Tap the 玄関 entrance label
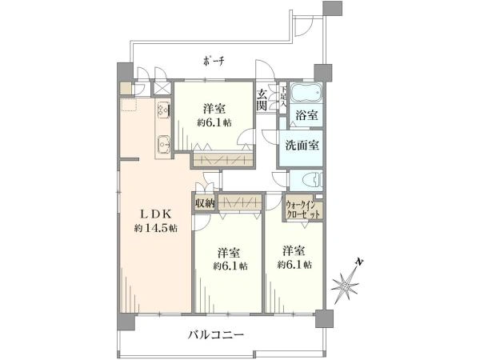click(x=262, y=99)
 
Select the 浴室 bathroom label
click(x=306, y=115)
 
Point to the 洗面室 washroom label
click(x=302, y=145)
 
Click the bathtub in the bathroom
click(x=306, y=92)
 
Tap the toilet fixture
click(x=313, y=181)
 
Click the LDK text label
click(x=155, y=214)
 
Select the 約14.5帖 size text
click(x=155, y=228)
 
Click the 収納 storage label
click(x=205, y=203)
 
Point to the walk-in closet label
click(x=302, y=210)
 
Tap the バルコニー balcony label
click(x=216, y=334)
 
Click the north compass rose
click(x=345, y=286)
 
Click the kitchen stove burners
click(x=163, y=110)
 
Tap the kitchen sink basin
click(x=164, y=144)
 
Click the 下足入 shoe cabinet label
click(x=283, y=95)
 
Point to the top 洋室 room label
click(x=214, y=109)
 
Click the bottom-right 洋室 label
click(x=294, y=251)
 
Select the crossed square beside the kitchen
click(x=162, y=87)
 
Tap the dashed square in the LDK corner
click(x=130, y=105)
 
